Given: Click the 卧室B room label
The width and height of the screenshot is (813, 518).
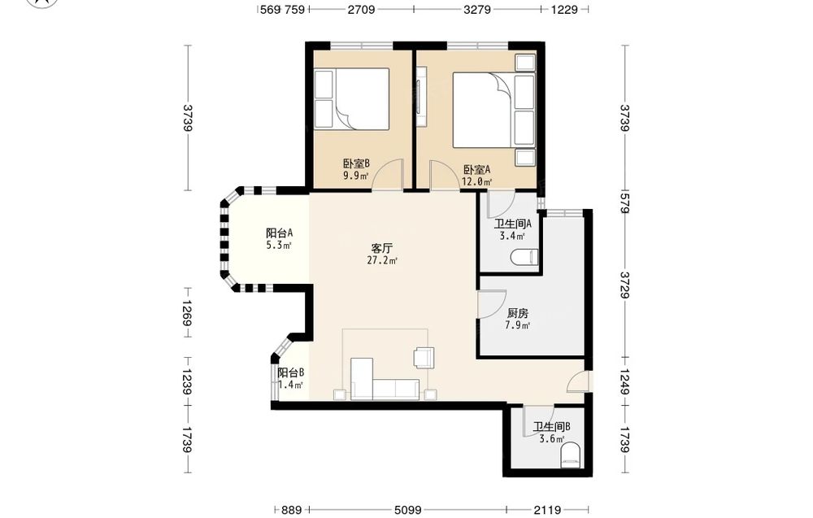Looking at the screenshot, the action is coord(356,163).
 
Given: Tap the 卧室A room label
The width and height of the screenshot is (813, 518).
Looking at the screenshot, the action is coord(476,170).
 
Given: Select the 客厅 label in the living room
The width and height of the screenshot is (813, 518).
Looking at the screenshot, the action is coord(381,248).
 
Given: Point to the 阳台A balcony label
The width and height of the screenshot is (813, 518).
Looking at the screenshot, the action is coord(280,233).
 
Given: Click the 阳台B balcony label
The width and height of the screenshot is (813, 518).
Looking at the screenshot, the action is coord(291,372).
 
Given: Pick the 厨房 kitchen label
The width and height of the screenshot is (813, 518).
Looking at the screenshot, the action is coord(517,313).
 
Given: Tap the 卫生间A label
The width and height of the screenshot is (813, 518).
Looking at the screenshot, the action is coord(513,224).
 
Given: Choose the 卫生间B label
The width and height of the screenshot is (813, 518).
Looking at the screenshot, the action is coord(552,427).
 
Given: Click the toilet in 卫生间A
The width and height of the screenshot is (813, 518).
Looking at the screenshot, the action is coord(524,257).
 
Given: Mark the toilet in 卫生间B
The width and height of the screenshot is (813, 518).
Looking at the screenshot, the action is coord(570,455).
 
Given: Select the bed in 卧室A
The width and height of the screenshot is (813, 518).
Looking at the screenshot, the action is coord(493,111).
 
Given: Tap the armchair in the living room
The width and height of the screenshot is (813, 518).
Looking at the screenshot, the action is coord(424,358).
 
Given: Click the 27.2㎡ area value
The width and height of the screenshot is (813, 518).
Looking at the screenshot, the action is coord(382,260).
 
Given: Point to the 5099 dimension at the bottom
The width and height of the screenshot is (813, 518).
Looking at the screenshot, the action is coord(407,510).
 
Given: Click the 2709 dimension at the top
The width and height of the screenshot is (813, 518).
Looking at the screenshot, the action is coord(362,9).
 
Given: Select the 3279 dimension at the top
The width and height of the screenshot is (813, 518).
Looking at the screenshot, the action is coord(477,9).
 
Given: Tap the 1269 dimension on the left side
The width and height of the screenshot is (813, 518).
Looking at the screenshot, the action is coord(187,313).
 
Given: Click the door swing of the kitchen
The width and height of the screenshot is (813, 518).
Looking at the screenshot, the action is coord(492,303).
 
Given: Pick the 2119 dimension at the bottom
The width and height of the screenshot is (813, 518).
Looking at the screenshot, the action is coord(547,510).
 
